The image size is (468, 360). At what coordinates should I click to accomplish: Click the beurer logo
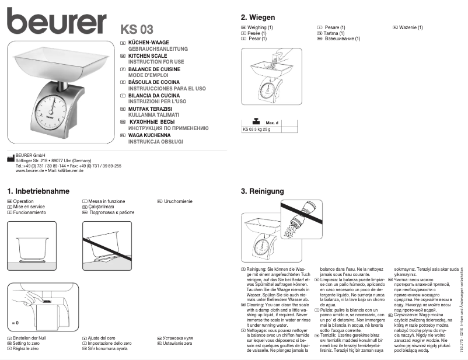pos(57,22)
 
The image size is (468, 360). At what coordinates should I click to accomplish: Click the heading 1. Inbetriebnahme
pos(39,191)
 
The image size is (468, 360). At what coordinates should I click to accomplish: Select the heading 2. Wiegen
pos(257,18)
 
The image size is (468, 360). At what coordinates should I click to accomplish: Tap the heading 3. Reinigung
pos(263,191)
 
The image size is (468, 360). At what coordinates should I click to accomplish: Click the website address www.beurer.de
pos(30,171)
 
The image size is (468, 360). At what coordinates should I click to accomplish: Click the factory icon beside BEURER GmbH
pos(10,156)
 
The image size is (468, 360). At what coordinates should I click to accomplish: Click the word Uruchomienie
pos(178,202)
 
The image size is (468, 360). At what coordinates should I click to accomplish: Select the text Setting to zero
pos(27,344)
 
